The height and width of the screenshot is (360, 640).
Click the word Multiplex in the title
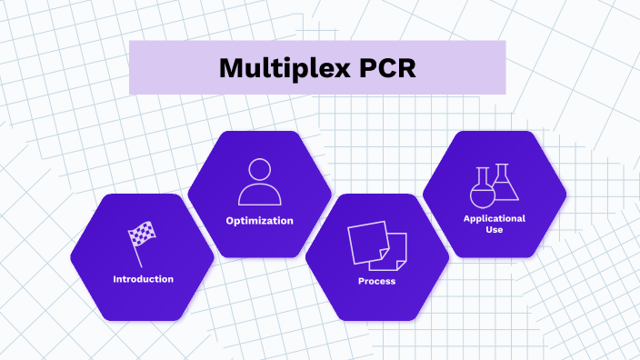tap(282, 69)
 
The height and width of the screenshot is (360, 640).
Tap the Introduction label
tap(143, 279)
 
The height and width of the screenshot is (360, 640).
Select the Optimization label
tap(260, 221)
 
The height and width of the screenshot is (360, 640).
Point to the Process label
tap(376, 281)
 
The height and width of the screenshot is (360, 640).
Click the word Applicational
tap(495, 219)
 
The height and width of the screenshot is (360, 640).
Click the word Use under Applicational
tap(495, 230)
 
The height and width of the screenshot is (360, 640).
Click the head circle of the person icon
tap(260, 170)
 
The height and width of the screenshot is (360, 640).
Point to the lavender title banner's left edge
tap(131, 68)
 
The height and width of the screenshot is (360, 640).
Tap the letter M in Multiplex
tap(232, 69)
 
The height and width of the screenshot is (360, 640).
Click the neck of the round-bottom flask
tap(482, 175)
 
